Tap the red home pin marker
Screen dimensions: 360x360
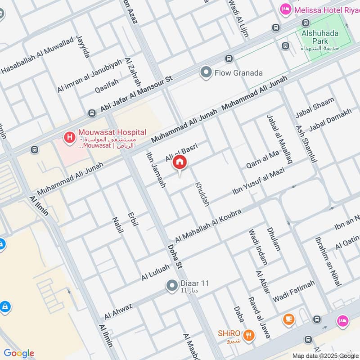coord(180,163)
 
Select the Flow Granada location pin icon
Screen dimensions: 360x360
coord(206,72)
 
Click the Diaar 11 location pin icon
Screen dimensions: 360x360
coord(171,285)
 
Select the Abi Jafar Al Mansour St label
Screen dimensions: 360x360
coord(137,95)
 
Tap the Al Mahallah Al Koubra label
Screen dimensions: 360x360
coord(208,225)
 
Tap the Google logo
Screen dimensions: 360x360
coord(18,353)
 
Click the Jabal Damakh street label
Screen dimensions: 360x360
coord(330,120)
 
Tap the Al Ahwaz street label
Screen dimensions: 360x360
coord(118,311)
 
